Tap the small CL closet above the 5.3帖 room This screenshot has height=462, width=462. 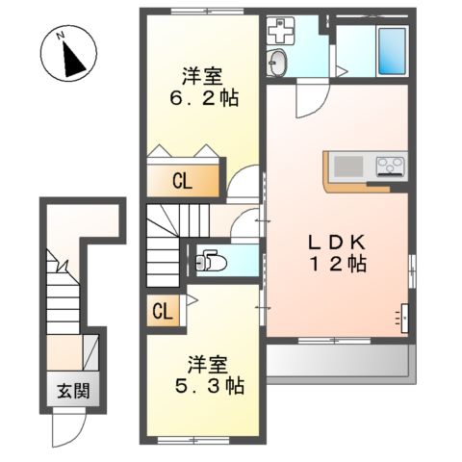point(162,311)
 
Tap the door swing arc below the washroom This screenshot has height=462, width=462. point(311,100)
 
